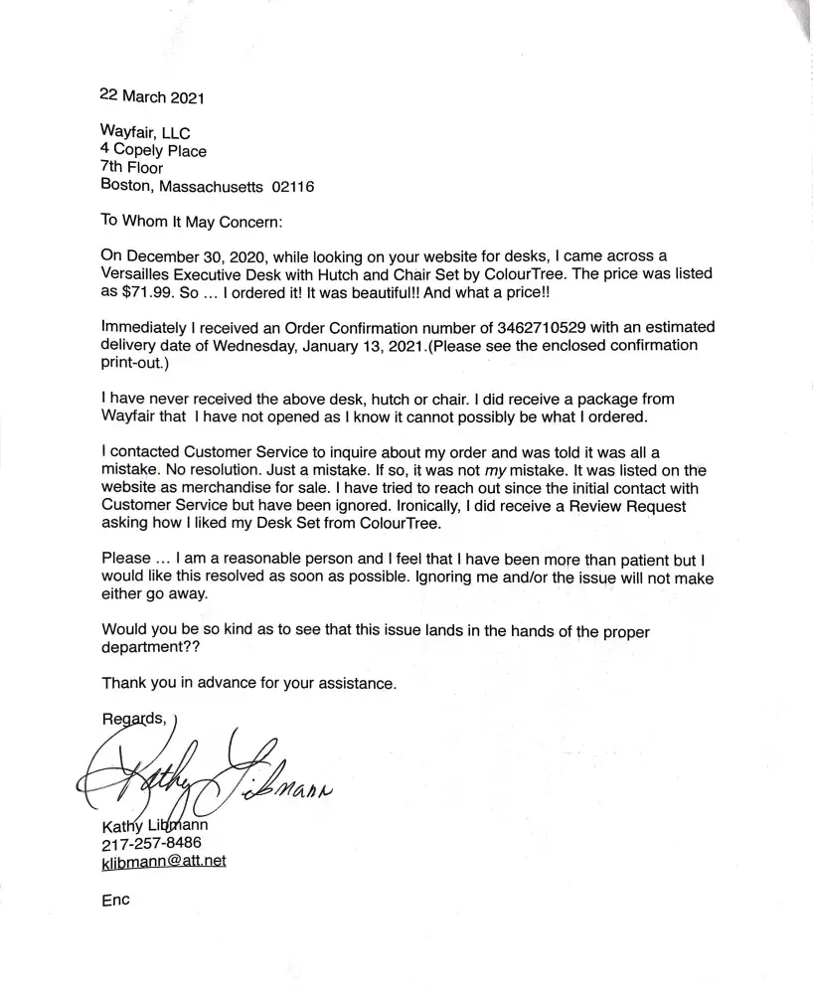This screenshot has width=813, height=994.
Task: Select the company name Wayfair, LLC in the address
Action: pos(146,133)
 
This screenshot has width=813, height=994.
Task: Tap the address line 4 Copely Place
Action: pos(154,151)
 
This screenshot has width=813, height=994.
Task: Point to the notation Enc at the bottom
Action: pos(116,901)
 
